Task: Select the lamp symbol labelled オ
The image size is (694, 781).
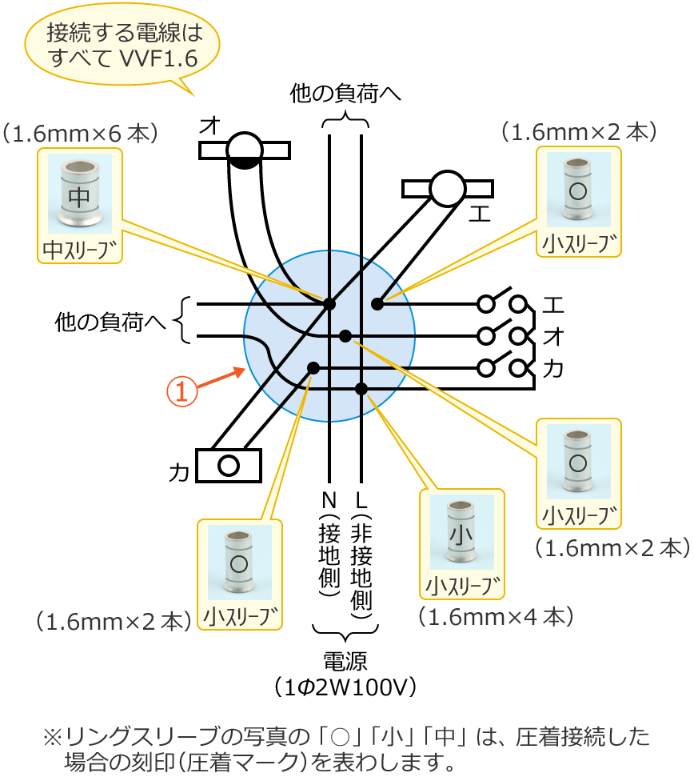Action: [x=244, y=149]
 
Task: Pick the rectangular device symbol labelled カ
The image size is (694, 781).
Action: [x=229, y=465]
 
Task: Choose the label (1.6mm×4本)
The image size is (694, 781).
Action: [x=496, y=616]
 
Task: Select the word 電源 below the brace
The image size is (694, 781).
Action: [x=345, y=661]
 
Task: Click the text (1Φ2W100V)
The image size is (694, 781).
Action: [x=345, y=687]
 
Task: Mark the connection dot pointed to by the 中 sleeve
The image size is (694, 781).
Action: [x=329, y=303]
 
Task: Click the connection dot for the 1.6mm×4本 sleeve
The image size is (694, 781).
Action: [x=361, y=389]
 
